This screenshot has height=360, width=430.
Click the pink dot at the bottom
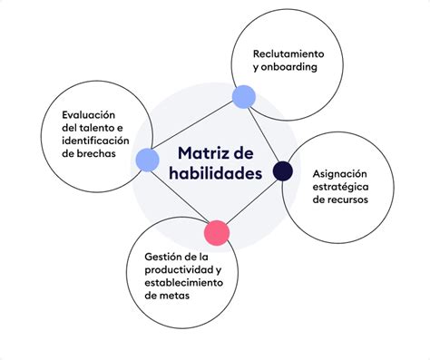pyautogui.click(x=216, y=232)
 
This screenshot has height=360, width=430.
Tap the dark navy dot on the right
pyautogui.click(x=282, y=170)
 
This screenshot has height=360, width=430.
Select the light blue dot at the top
pyautogui.click(x=243, y=96)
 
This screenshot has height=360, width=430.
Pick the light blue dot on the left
pyautogui.click(x=148, y=161)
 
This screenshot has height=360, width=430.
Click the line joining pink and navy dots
pyautogui.click(x=249, y=200)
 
